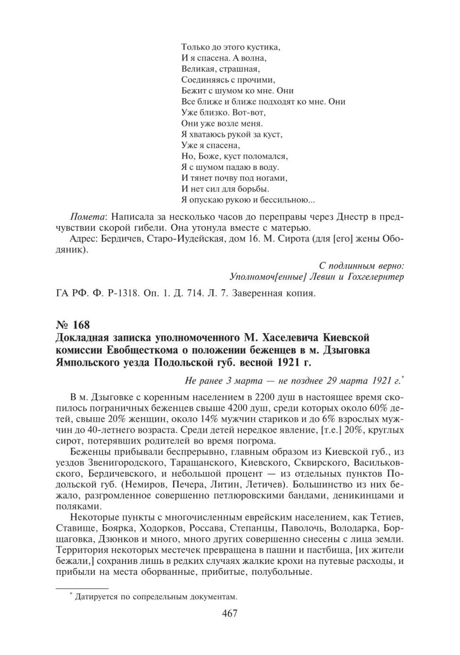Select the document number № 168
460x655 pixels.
tap(73, 324)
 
